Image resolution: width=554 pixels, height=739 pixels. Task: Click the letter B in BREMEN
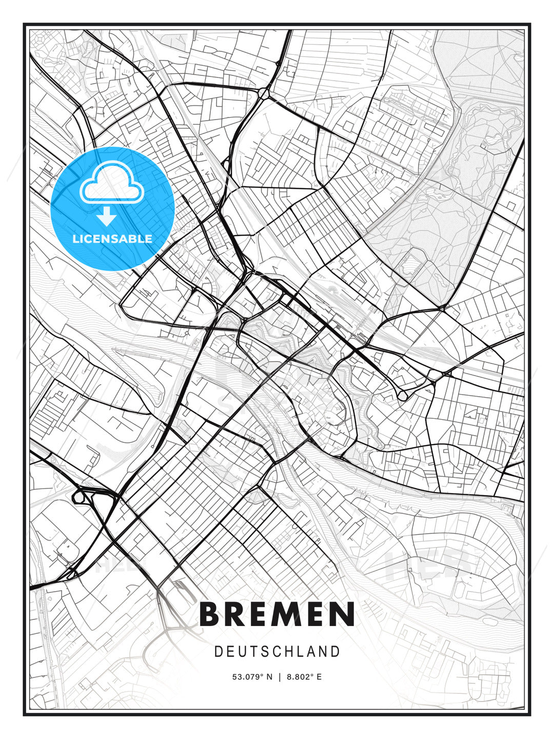click(x=210, y=614)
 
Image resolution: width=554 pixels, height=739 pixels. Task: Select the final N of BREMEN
click(x=343, y=614)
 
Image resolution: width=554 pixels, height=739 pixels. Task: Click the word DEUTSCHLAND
click(x=277, y=652)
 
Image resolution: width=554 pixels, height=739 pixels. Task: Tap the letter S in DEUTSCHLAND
click(x=264, y=652)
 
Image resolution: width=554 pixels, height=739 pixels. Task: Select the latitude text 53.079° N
click(x=253, y=677)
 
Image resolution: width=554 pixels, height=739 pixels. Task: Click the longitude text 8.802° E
click(x=305, y=677)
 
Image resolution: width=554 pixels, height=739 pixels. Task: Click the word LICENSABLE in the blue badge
click(x=112, y=239)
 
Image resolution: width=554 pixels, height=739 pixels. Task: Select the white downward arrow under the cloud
click(x=107, y=217)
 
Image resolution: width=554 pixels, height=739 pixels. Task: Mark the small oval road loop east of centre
click(x=403, y=395)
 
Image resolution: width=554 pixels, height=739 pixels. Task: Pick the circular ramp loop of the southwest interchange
click(x=78, y=496)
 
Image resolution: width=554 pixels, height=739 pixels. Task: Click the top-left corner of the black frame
click(x=24, y=24)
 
